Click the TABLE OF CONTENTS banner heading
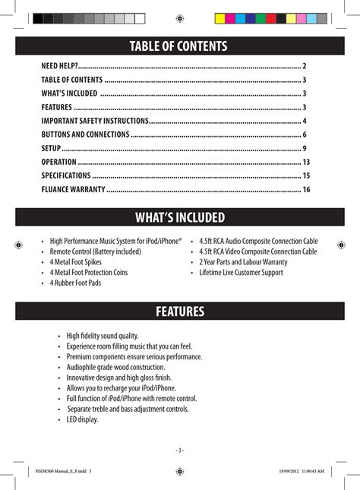(179, 46)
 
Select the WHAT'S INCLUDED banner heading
(179, 218)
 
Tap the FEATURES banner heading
(179, 311)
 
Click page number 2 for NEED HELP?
(304, 66)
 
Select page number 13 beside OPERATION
(306, 162)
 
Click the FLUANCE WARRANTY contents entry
(73, 189)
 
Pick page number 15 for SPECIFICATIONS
(306, 175)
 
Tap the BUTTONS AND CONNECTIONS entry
(85, 134)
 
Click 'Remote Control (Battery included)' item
(95, 251)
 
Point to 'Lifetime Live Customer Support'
(242, 272)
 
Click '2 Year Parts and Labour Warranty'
(243, 262)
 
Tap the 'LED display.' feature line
(82, 419)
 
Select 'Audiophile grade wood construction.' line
(114, 367)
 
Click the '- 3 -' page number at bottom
(179, 450)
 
